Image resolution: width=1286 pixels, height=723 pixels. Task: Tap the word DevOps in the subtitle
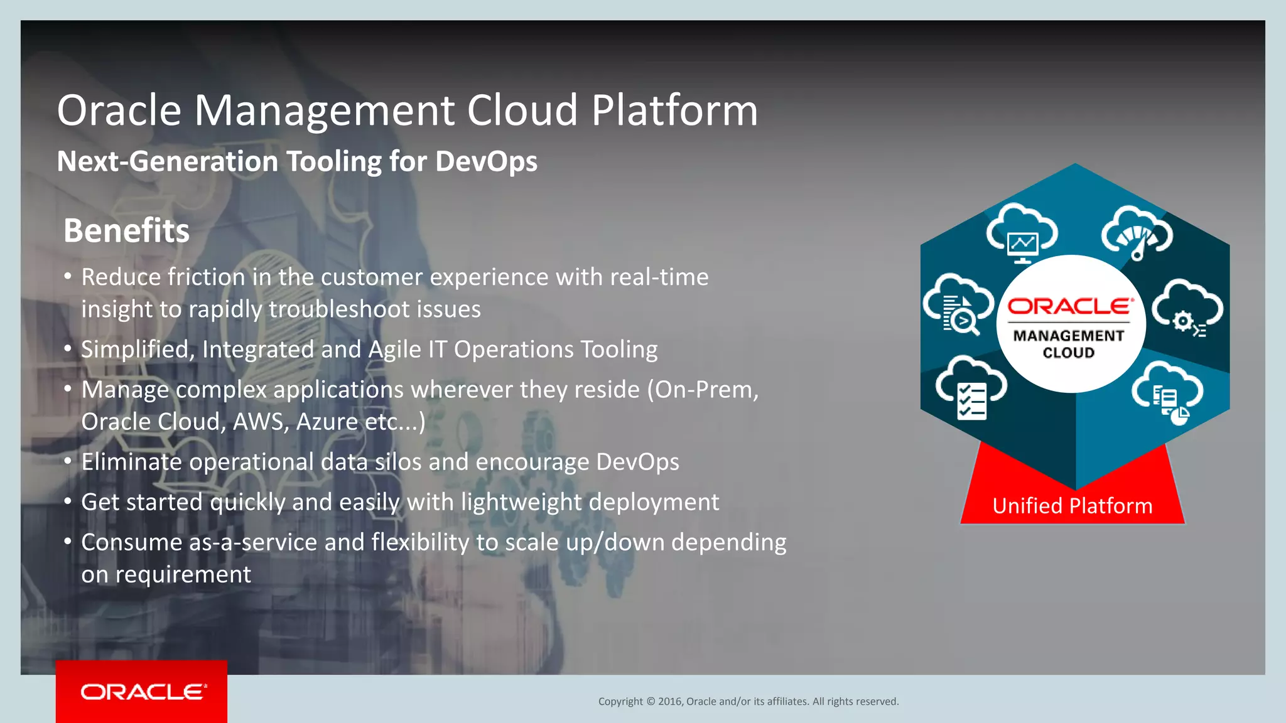coord(486,162)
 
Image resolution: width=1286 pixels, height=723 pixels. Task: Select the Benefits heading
coord(126,230)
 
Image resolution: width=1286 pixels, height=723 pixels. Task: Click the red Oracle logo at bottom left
coord(142,692)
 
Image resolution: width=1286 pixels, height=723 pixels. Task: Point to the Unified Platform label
coord(1072,506)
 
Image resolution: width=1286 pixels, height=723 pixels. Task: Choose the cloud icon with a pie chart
coord(1168,393)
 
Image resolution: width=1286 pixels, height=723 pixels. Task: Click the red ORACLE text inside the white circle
coord(1071,306)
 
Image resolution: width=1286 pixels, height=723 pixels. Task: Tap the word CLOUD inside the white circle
coord(1069,353)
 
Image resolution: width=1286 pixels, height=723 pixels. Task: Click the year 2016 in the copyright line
coord(669,702)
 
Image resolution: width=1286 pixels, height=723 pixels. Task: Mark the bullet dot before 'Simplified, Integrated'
coord(68,348)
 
